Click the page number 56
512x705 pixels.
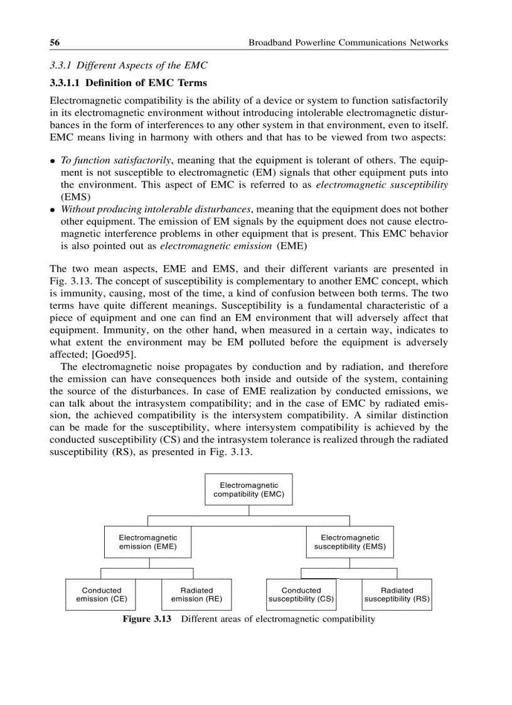[x=55, y=43]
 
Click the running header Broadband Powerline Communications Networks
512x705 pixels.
[x=348, y=43]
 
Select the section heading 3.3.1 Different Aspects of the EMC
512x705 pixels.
[x=128, y=66]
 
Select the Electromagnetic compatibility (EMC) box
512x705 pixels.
[x=248, y=490]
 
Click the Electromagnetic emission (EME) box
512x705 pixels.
[x=148, y=542]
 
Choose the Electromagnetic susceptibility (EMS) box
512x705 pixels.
[x=350, y=542]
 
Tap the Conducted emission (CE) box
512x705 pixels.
[x=102, y=595]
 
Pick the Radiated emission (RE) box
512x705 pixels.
[x=196, y=595]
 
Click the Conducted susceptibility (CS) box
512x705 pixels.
[x=301, y=595]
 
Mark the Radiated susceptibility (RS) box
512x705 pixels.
[x=397, y=595]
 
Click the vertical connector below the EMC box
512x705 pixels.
[x=249, y=510]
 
